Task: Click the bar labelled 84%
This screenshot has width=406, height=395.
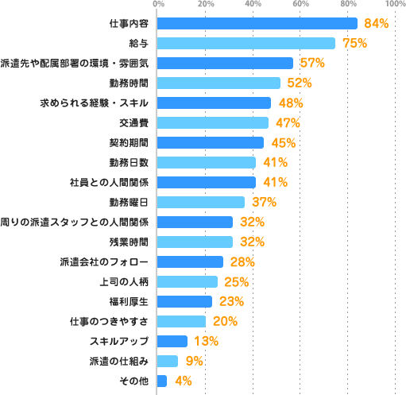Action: [x=257, y=23]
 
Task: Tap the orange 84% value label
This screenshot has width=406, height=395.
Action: [x=376, y=23]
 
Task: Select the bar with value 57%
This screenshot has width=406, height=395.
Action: [x=226, y=63]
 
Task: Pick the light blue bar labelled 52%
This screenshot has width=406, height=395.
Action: [x=219, y=83]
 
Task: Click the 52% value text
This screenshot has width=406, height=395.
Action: [x=300, y=83]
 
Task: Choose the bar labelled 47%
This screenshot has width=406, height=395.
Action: [x=213, y=122]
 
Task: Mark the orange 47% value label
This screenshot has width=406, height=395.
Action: [x=288, y=122]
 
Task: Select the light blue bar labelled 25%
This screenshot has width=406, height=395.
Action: [x=188, y=281]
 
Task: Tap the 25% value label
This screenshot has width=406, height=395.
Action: [x=236, y=281]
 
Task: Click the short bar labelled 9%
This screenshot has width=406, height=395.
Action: [x=168, y=361]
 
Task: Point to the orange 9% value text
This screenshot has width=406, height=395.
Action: [x=193, y=361]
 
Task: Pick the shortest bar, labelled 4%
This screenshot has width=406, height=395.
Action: [x=162, y=381]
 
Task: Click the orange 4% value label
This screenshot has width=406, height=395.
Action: [x=183, y=381]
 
